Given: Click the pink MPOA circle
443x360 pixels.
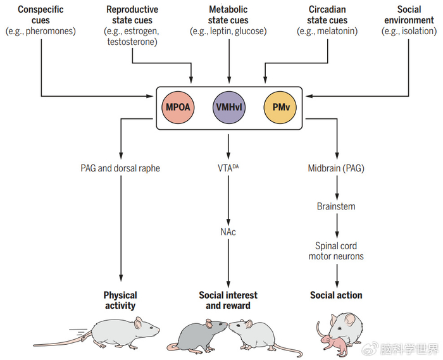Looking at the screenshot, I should click(x=177, y=106).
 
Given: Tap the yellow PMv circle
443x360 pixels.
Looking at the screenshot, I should click(x=278, y=106).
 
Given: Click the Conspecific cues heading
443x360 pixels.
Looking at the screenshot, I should click(x=40, y=15).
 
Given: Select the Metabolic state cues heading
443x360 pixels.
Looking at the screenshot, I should click(x=228, y=15).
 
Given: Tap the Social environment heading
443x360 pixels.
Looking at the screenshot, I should click(x=409, y=15).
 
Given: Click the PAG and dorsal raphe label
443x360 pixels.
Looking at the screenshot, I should click(x=120, y=168).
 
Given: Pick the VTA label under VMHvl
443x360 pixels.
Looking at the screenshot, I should click(x=228, y=168).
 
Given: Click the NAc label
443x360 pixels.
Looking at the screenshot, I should click(x=228, y=232).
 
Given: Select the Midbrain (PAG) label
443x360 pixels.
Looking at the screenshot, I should click(x=336, y=168).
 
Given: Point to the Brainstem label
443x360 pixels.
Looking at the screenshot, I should click(x=336, y=206).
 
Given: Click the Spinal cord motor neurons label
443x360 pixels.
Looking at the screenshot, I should click(x=336, y=251).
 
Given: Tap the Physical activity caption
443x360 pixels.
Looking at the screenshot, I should click(x=120, y=300).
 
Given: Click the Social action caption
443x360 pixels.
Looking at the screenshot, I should click(x=336, y=295).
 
